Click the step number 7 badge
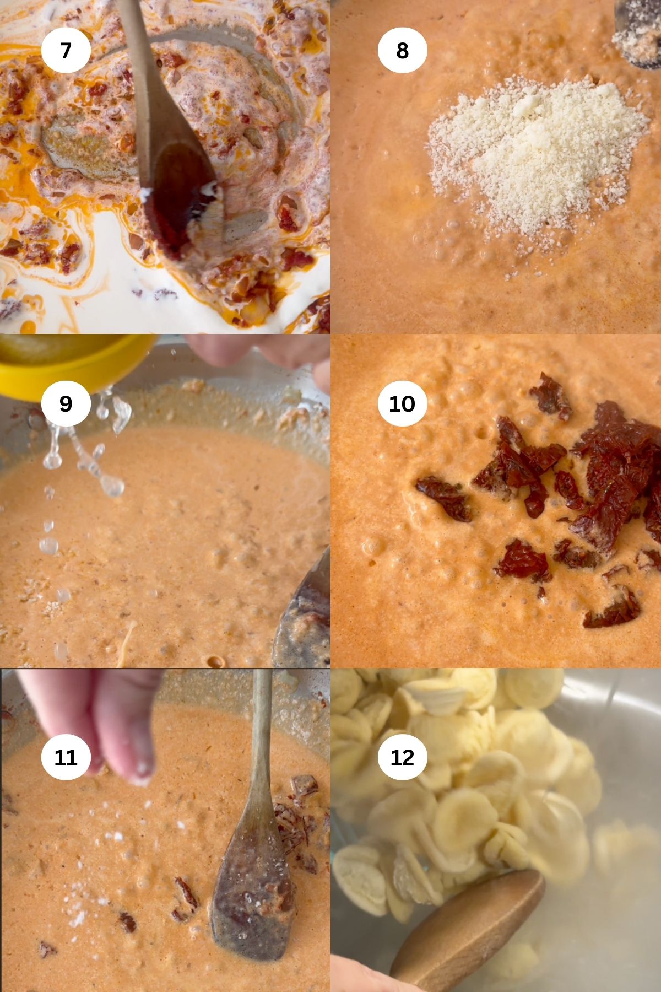pyautogui.click(x=66, y=51)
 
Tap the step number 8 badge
pyautogui.click(x=402, y=51)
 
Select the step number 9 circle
pyautogui.click(x=66, y=404)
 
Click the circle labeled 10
pyautogui.click(x=402, y=404)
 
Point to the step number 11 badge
pyautogui.click(x=66, y=758)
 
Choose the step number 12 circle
pyautogui.click(x=402, y=758)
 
